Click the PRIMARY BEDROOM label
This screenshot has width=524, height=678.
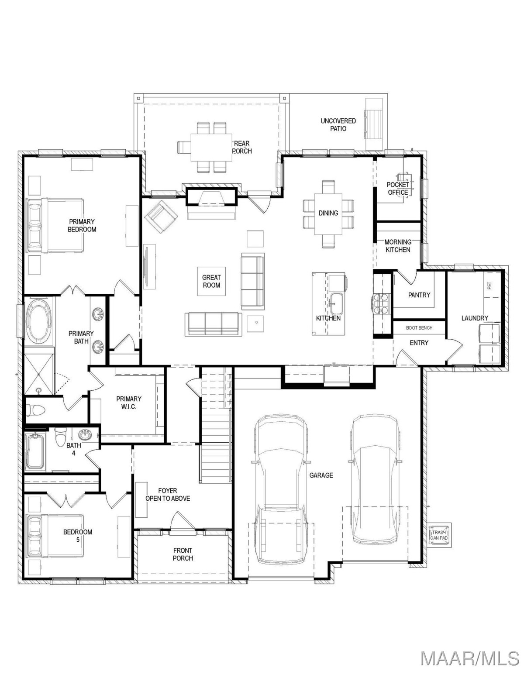point(82,225)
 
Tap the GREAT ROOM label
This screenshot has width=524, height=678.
point(211,281)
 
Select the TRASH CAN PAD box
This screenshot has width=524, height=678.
point(439,535)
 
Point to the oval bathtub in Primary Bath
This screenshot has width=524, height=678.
point(39,320)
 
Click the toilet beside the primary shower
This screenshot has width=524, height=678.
point(35,410)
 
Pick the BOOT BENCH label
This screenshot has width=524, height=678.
point(419,328)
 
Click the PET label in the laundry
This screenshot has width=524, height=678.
point(489,285)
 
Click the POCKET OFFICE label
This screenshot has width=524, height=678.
point(398,189)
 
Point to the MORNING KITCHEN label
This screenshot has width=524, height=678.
point(398,246)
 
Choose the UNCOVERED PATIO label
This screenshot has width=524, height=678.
point(338,124)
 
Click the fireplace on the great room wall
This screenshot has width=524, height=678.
point(212,196)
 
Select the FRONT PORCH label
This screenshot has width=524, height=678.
point(183,554)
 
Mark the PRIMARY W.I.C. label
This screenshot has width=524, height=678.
point(129,403)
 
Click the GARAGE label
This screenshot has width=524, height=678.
point(321,475)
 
